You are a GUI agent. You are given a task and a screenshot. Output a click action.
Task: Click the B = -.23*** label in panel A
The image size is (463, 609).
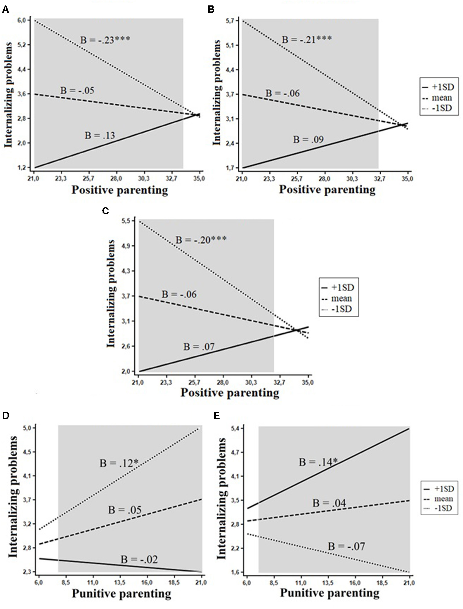click(x=105, y=40)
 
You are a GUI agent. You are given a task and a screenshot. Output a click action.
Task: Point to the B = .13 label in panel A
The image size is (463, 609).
click(x=100, y=135)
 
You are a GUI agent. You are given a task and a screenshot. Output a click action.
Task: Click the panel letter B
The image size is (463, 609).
click(x=211, y=10)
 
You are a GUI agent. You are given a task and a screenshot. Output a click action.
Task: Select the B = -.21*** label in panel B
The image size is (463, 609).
click(x=307, y=39)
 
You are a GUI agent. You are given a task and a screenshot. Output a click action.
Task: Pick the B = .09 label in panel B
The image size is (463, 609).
click(x=308, y=140)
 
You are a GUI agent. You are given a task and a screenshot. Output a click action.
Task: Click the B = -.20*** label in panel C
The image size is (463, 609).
click(x=201, y=240)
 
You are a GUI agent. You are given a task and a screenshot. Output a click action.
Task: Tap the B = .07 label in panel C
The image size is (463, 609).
click(x=199, y=347)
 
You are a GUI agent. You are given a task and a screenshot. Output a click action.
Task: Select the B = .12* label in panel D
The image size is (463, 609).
click(x=121, y=463)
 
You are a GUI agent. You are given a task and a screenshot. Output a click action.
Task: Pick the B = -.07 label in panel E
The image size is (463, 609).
click(x=346, y=546)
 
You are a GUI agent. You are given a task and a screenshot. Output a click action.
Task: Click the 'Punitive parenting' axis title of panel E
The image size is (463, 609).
click(x=330, y=593)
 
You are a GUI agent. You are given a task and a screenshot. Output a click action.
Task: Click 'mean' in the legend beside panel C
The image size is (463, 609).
click(x=341, y=298)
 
